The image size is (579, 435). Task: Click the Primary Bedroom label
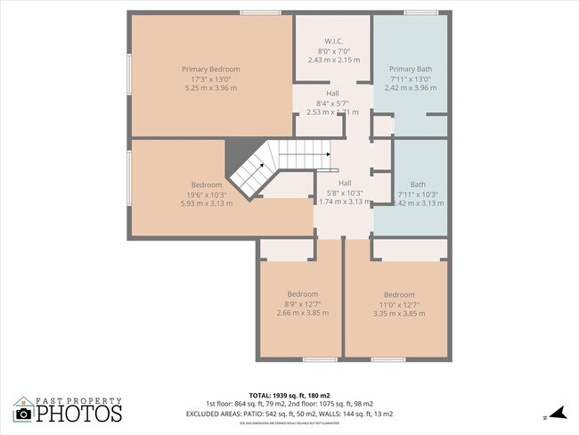click(211, 70)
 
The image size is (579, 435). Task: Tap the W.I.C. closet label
click(334, 41)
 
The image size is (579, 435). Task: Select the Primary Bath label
click(410, 70)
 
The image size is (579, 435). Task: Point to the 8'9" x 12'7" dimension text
click(302, 304)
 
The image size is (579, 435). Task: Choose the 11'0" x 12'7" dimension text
click(399, 304)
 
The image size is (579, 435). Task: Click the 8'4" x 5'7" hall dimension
click(332, 103)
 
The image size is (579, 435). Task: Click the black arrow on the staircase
click(328, 154)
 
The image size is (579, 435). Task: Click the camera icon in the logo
click(24, 414)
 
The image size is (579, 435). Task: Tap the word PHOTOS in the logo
click(79, 414)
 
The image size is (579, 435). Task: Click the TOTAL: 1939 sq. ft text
click(289, 394)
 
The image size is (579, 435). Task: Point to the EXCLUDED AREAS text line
click(289, 414)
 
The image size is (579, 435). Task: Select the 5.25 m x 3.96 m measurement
click(211, 88)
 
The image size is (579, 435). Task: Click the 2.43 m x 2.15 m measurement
click(334, 60)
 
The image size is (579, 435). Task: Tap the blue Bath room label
click(418, 185)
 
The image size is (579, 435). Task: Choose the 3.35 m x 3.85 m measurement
click(399, 314)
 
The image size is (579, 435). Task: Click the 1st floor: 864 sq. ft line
click(289, 404)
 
